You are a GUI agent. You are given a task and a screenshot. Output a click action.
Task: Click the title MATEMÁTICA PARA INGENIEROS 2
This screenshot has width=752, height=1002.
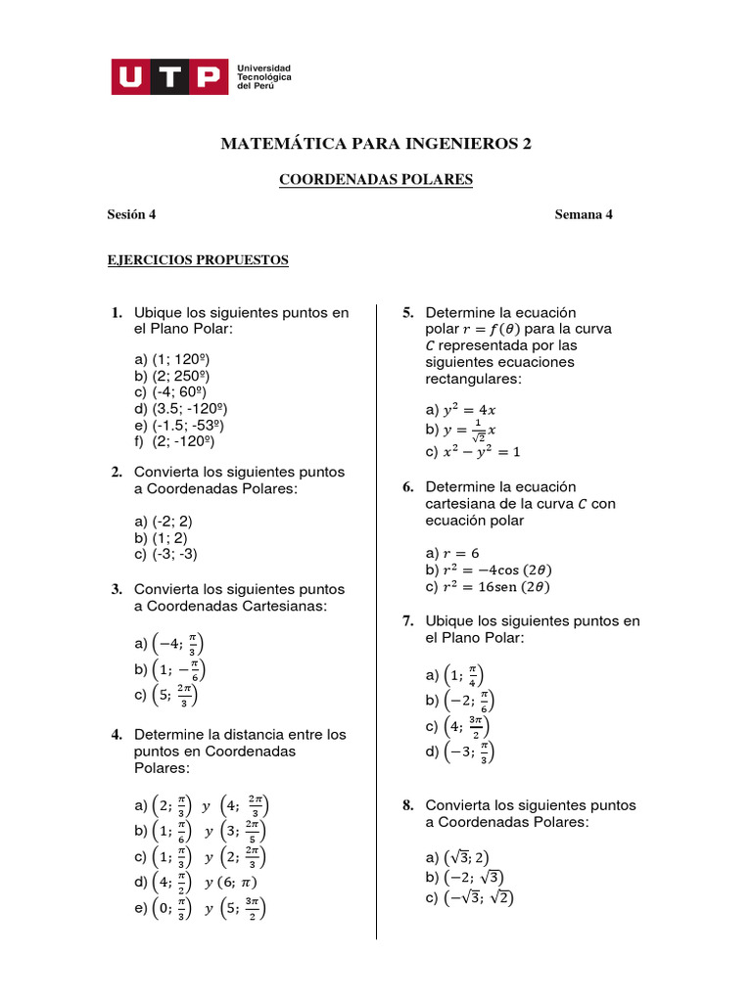377,144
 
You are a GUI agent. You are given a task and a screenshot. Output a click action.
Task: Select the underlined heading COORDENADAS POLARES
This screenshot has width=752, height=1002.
376,180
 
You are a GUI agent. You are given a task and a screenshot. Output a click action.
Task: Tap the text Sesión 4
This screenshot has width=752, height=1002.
131,215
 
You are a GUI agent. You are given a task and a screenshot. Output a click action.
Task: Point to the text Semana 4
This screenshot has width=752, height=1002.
584,215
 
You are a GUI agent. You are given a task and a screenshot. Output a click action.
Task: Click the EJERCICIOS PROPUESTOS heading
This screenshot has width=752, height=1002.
198,260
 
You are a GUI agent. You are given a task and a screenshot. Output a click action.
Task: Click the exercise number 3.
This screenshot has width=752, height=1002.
116,589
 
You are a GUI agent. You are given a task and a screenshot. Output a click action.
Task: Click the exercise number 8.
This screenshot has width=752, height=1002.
407,805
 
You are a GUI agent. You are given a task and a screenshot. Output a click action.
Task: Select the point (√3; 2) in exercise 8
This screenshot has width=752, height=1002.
467,857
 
